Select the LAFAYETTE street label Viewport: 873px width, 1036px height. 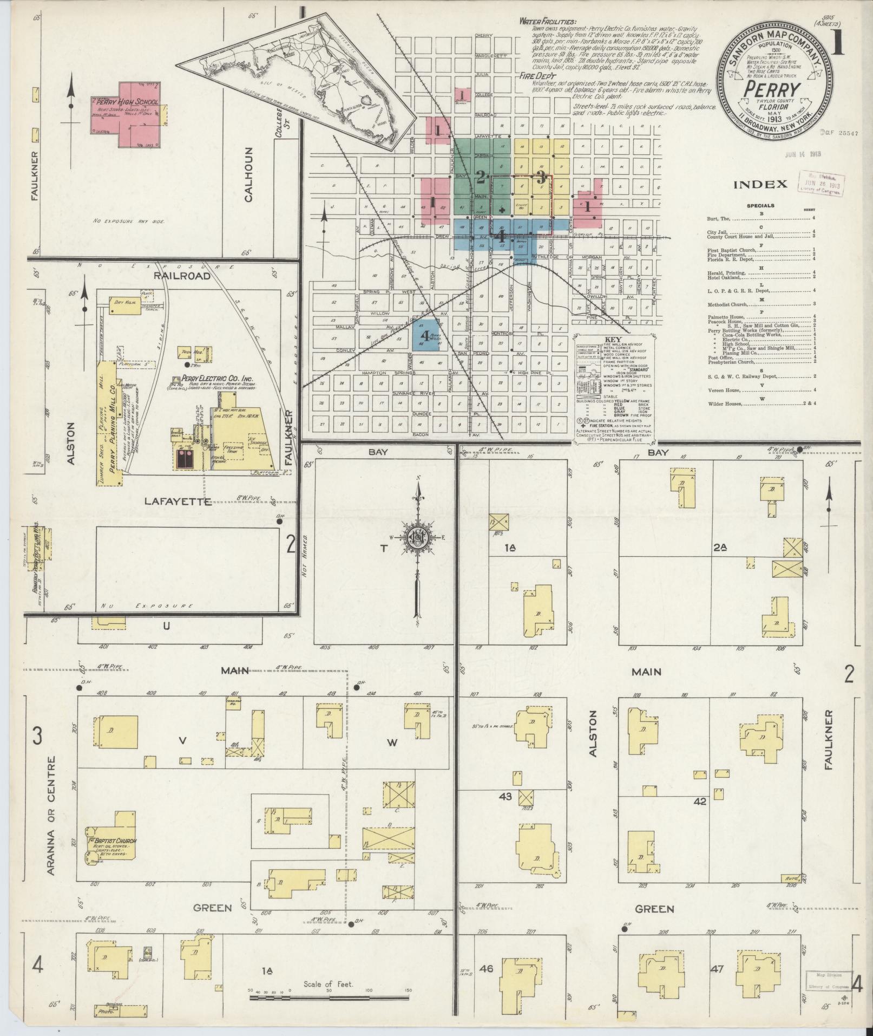(177, 501)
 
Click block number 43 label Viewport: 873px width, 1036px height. (506, 796)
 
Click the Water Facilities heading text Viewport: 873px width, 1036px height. (541, 21)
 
